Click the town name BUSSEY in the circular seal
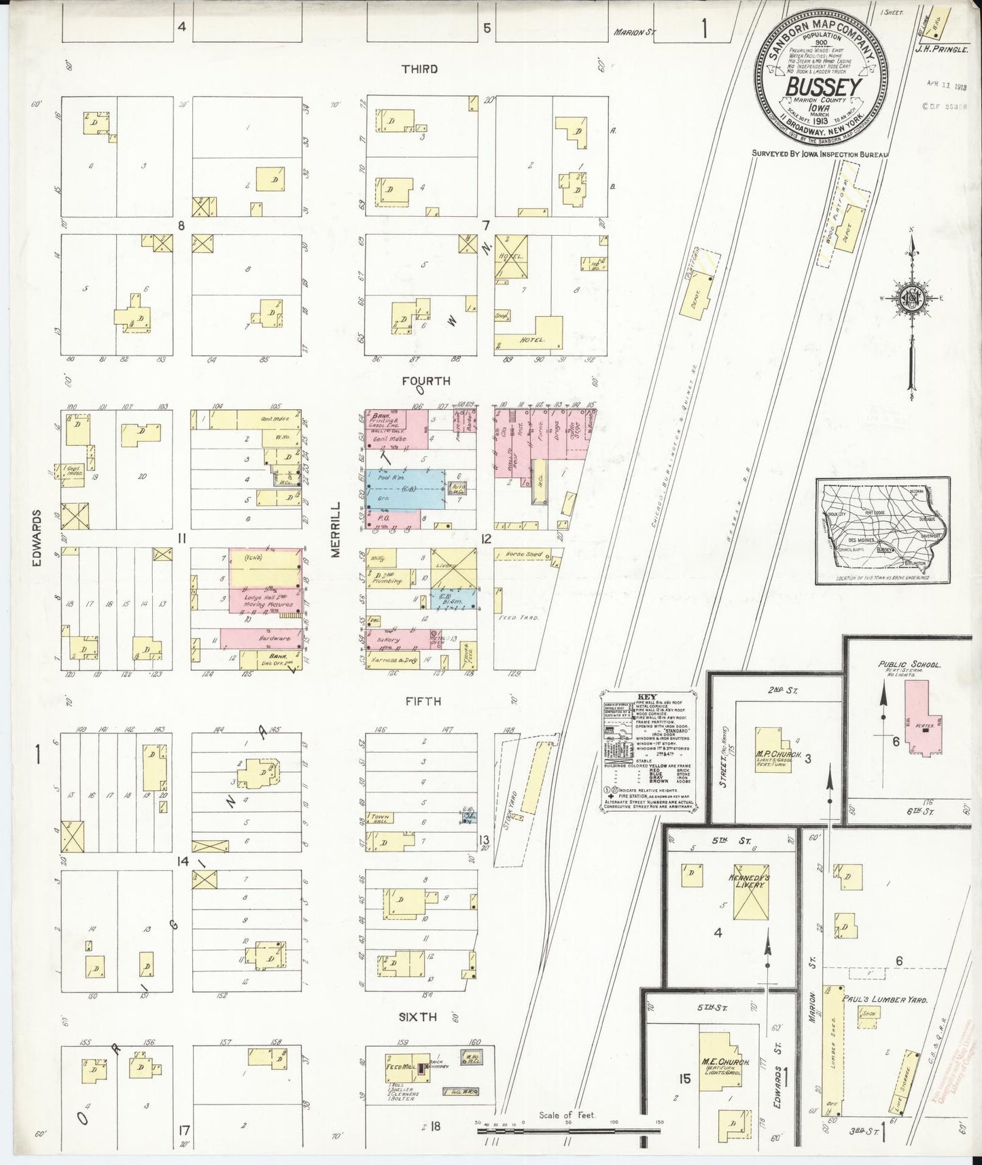824,88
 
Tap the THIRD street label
419,69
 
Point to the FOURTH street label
426,381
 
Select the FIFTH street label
423,701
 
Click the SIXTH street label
418,1017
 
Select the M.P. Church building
769,748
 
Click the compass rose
911,299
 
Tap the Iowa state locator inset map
882,530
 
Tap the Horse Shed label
524,554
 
